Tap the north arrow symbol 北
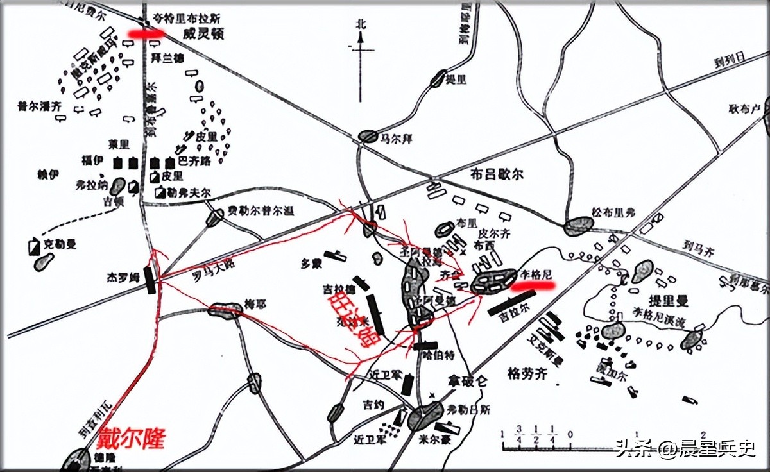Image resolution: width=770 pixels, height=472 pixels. tap(361, 24)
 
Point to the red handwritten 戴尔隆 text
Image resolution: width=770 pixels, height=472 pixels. tap(132, 439)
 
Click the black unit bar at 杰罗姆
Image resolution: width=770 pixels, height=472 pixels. tap(150, 280)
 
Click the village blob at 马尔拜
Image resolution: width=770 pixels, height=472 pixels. tap(368, 136)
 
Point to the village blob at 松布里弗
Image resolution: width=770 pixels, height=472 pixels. tap(579, 226)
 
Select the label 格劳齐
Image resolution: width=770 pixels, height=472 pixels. tap(527, 373)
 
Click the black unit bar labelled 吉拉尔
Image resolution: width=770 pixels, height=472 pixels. tap(511, 303)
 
